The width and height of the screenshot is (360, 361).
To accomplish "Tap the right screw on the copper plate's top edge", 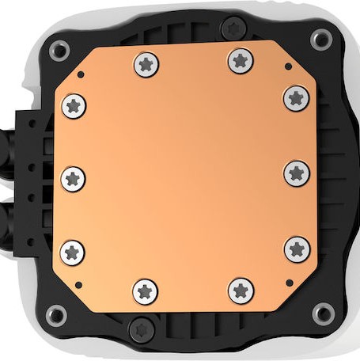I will tap(240, 59).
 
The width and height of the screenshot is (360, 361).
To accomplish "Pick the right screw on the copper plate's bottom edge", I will tap(241, 291).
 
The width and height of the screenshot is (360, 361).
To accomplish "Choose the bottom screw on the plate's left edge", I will tap(73, 253).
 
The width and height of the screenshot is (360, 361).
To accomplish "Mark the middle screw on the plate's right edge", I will tap(296, 172).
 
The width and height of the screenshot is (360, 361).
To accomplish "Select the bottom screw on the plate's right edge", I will tap(296, 249).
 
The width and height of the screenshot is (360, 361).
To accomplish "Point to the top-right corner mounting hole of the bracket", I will tap(320, 37).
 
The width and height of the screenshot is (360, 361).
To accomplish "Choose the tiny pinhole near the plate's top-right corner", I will tap(287, 67).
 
